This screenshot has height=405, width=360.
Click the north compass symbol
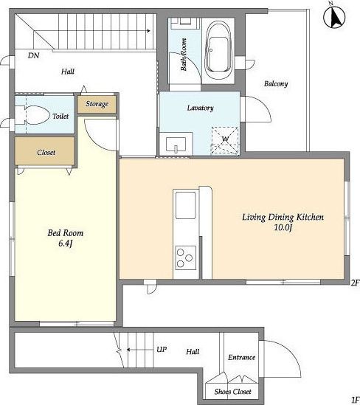334,17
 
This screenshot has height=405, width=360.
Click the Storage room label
97,104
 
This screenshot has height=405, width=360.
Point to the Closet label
46,153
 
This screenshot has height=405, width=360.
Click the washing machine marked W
225,140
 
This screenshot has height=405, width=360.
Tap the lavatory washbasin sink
176,145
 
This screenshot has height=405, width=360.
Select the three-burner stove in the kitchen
185,257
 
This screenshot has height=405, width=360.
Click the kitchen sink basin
185,205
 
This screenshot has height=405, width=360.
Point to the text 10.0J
283,227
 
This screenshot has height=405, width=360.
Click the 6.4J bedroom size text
65,243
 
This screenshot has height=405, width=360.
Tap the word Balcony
276,83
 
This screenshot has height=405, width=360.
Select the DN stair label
34,55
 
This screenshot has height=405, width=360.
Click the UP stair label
162,350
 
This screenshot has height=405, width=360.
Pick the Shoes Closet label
232,392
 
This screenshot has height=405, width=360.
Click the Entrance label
241,358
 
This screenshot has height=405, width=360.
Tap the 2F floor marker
355,283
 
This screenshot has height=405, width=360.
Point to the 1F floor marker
355,399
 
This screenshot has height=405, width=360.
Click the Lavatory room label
201,108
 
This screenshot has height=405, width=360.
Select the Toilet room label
60,117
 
